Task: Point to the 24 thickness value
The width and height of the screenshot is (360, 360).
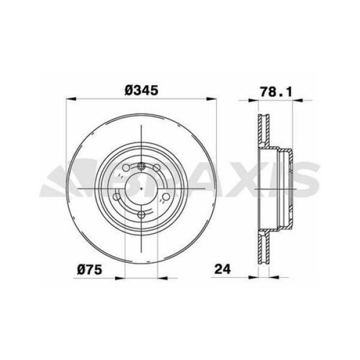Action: [223, 269]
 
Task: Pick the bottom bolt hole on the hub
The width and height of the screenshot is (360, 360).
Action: [140, 214]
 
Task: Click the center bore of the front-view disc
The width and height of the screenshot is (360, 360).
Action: [140, 191]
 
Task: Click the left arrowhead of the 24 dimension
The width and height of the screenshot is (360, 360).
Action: [254, 278]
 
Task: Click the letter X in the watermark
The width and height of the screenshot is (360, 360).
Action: [240, 180]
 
